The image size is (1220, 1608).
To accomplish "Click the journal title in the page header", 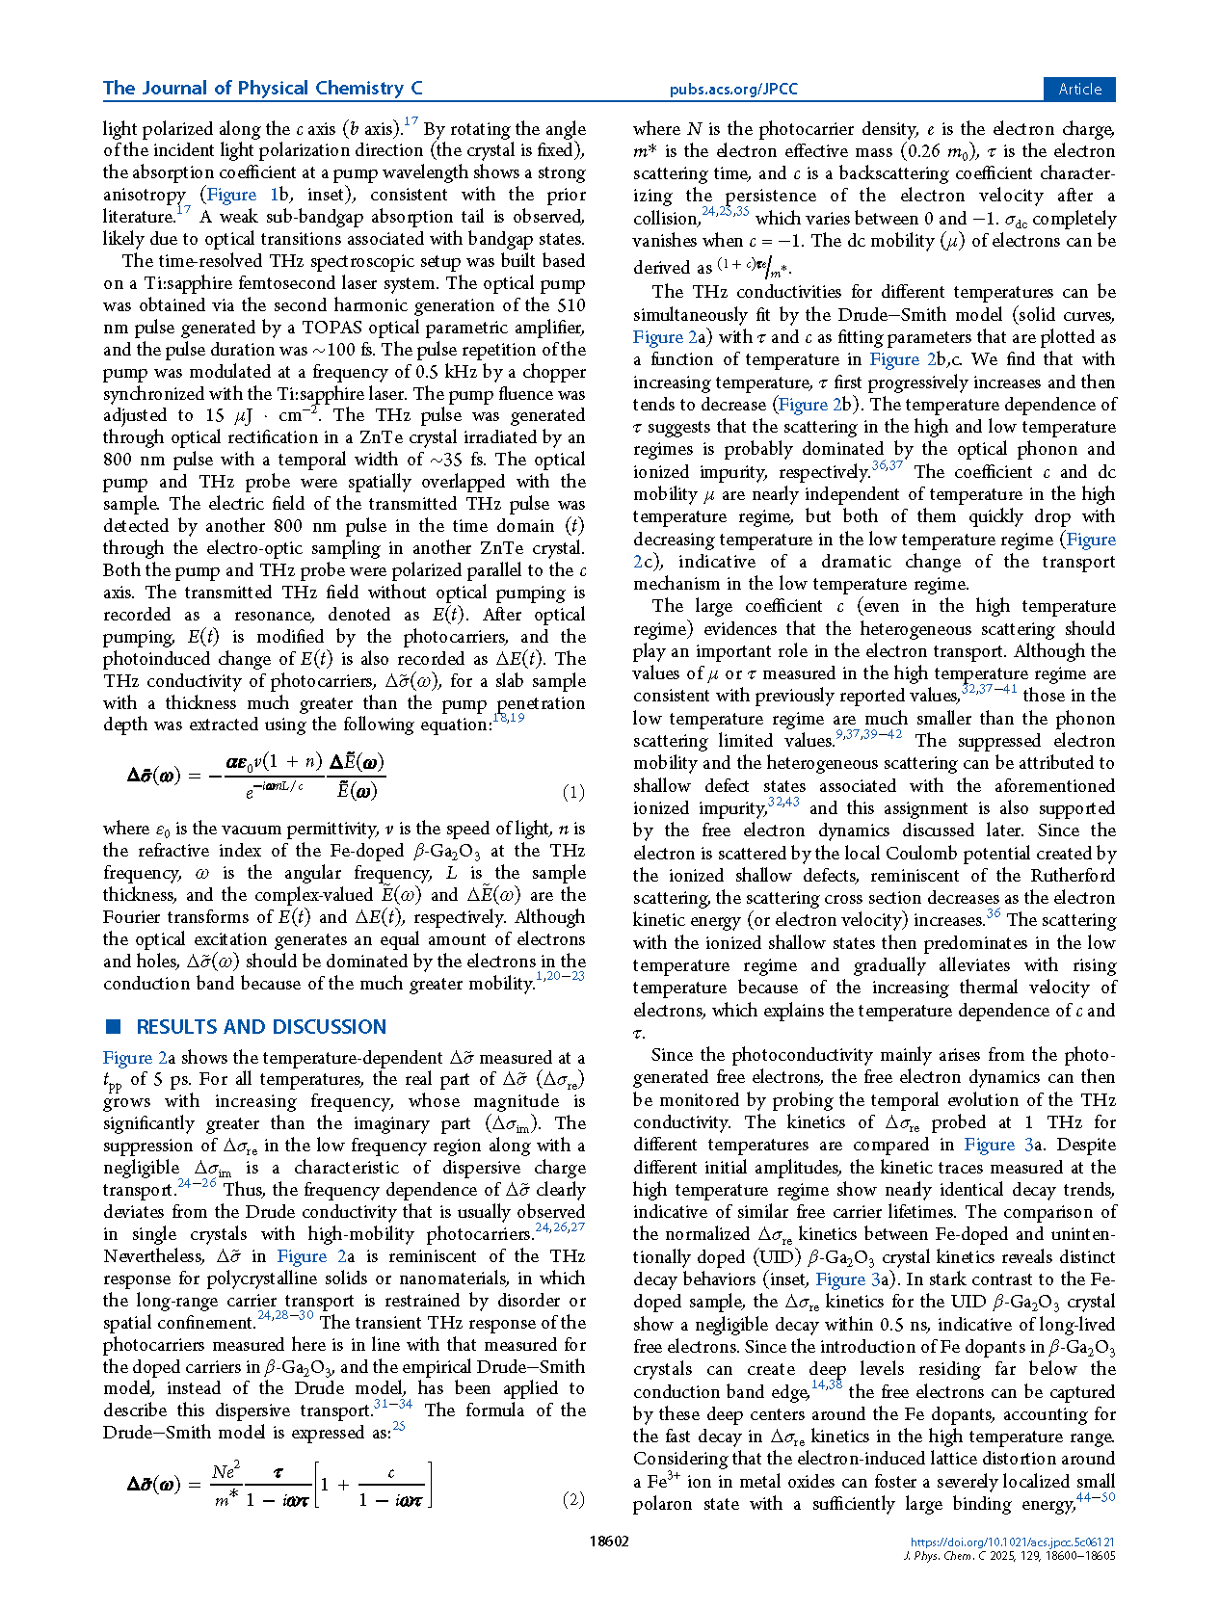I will [x=262, y=89].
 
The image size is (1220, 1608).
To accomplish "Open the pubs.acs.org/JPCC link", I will [x=733, y=90].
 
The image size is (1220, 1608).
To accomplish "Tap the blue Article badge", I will [x=1079, y=89].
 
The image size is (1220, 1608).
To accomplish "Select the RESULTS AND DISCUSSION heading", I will [x=261, y=1027].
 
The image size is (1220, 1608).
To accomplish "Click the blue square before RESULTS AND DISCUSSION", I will [x=113, y=1026].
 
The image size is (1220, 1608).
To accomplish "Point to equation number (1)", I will [x=573, y=793].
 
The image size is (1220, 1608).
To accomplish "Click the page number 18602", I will [x=609, y=1542].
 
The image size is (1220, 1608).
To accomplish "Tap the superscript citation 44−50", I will [x=1096, y=1497].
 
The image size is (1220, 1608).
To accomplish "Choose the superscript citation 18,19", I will [x=508, y=718].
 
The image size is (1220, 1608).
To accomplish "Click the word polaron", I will [x=662, y=1504].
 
